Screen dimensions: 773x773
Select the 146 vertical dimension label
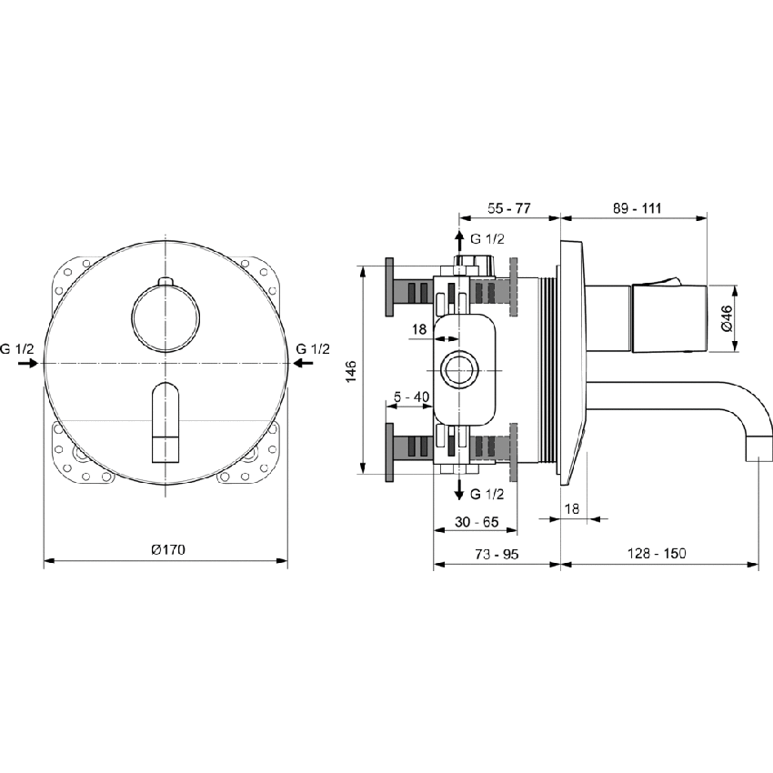(351, 372)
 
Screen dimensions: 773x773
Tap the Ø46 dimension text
(726, 318)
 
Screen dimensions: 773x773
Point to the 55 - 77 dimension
(508, 208)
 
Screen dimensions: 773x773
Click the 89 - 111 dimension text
(637, 208)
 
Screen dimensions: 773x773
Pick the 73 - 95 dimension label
(496, 553)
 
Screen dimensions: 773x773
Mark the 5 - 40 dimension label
(412, 397)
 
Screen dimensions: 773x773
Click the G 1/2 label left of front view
(17, 348)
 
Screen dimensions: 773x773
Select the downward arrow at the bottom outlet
(458, 490)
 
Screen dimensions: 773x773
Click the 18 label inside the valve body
(418, 329)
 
